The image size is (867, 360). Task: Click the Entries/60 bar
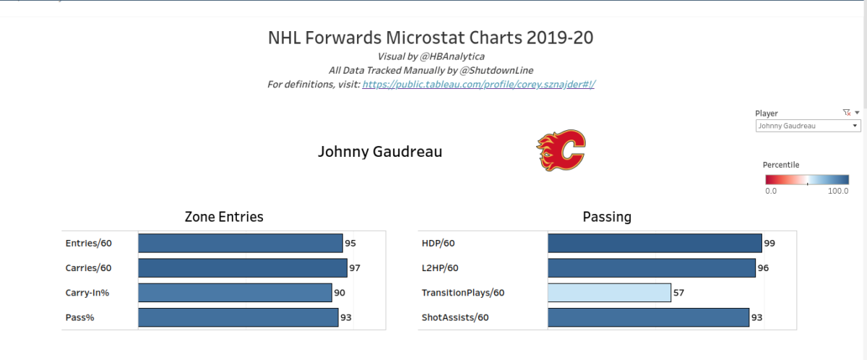(241, 243)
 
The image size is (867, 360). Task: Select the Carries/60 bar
(243, 268)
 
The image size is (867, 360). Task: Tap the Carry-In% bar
(235, 293)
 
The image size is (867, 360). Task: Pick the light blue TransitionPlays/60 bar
(609, 293)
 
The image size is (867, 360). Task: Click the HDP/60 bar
(655, 243)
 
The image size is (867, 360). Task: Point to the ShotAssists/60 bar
(648, 317)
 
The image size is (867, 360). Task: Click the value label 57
(678, 293)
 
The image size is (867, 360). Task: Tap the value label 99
(769, 243)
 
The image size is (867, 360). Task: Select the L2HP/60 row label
(440, 268)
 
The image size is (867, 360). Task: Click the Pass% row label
(79, 317)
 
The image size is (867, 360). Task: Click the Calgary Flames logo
(561, 150)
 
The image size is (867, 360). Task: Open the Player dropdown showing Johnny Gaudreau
(808, 126)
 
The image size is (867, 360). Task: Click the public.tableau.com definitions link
(479, 84)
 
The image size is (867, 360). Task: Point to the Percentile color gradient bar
(807, 179)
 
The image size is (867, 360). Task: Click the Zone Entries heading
(224, 217)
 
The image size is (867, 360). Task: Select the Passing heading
(607, 217)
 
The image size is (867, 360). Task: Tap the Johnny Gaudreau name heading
(380, 151)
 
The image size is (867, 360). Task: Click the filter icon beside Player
(847, 113)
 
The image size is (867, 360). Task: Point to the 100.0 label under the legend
(838, 191)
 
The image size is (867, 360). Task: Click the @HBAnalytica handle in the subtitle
(452, 56)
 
